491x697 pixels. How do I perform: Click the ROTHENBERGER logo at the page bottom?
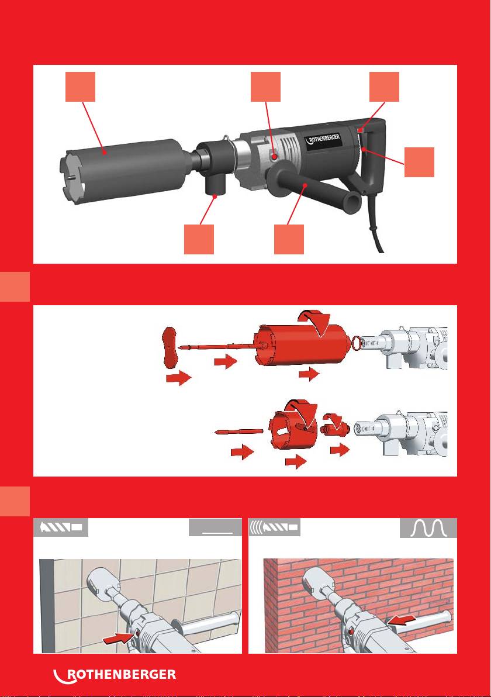coord(115,675)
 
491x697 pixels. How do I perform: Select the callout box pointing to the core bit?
coord(81,87)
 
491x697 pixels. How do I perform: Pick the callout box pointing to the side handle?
coord(289,239)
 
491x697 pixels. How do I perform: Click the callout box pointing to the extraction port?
coord(199,239)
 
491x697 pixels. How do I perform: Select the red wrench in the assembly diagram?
coord(170,347)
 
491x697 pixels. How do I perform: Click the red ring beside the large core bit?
coord(355,342)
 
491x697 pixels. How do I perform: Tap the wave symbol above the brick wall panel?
coord(428,528)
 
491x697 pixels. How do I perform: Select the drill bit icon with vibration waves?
coord(274,527)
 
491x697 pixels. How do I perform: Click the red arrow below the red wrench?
coord(178,379)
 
